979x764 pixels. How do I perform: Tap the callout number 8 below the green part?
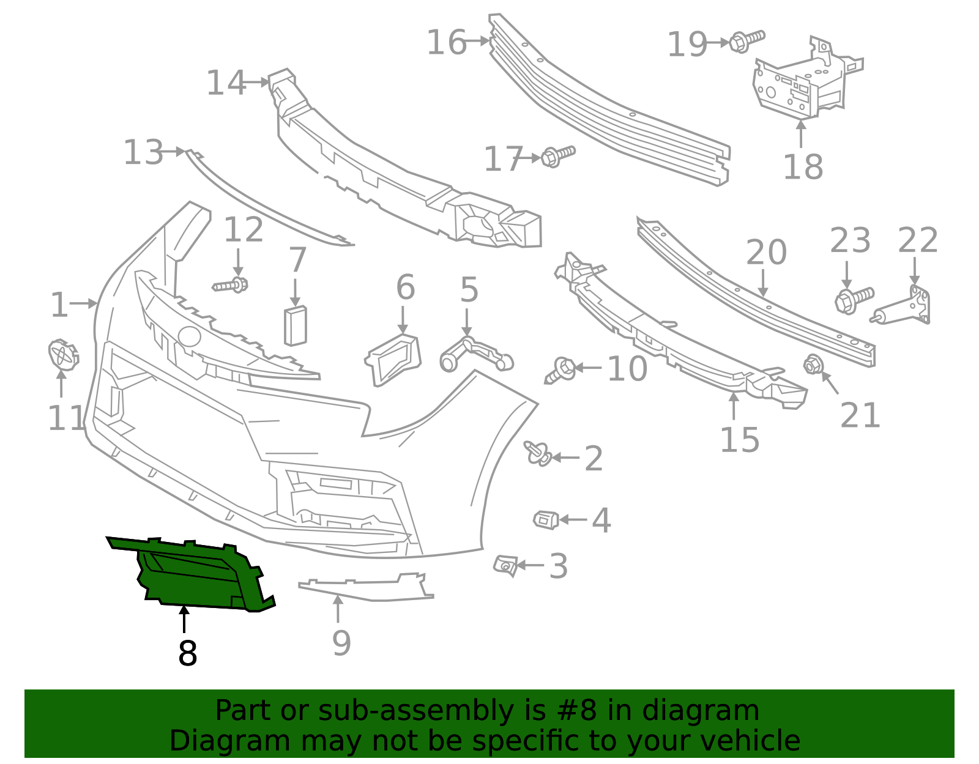click(187, 653)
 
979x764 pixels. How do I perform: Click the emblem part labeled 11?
click(62, 355)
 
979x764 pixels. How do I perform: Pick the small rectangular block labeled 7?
click(295, 326)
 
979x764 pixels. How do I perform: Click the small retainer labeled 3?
click(506, 565)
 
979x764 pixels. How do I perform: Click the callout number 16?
click(447, 42)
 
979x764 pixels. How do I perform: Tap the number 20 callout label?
click(766, 252)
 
